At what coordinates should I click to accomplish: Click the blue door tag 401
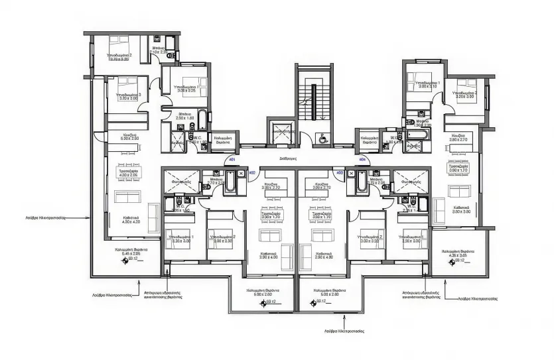click(x=232, y=160)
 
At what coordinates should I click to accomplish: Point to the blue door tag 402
click(x=252, y=172)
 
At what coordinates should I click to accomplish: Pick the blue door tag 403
click(x=340, y=172)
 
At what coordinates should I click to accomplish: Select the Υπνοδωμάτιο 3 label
click(x=129, y=95)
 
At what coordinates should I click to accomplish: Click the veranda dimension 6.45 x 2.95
click(x=125, y=253)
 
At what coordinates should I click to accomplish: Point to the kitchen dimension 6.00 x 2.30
click(x=130, y=139)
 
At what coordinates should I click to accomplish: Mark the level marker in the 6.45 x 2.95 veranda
click(x=123, y=260)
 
